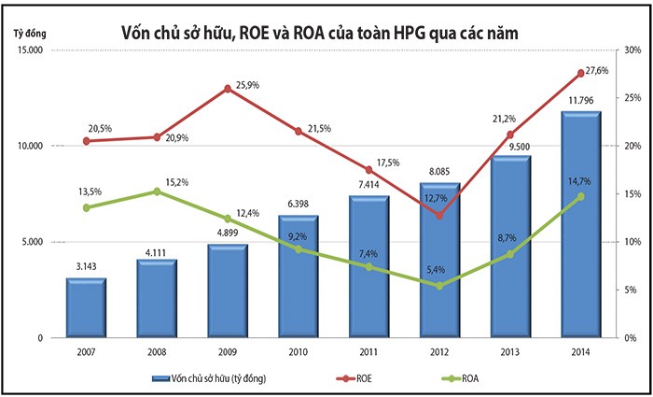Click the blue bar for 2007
[86, 307]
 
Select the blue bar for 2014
[580, 224]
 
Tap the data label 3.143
[86, 266]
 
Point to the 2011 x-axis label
[368, 351]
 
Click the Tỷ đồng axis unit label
[30, 35]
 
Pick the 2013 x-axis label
[509, 351]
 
